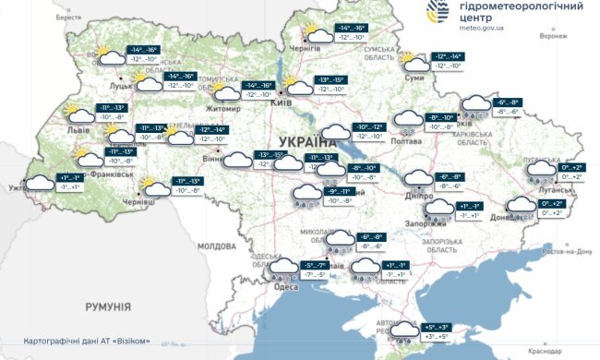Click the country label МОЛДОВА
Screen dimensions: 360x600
click(x=217, y=246)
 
